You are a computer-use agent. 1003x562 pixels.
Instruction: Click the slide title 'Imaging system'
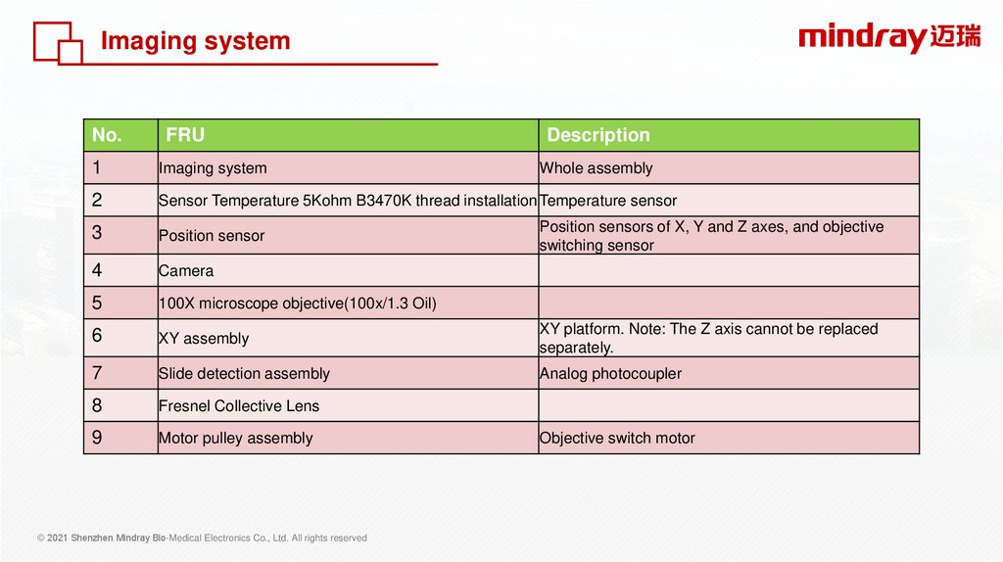point(195,41)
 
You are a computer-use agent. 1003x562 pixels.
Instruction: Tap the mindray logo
point(889,38)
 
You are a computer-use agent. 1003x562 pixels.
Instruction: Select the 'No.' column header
point(107,135)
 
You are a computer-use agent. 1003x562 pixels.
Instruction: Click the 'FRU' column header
point(185,135)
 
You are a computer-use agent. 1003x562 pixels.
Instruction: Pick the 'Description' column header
point(598,135)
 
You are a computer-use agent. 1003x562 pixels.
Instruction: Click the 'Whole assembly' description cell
point(596,168)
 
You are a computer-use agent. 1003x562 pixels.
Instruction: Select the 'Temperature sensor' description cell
point(607,201)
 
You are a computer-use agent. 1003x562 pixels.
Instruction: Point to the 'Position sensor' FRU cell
point(212,236)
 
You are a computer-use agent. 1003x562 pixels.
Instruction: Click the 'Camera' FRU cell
point(186,271)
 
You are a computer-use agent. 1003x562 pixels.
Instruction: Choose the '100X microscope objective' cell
point(298,304)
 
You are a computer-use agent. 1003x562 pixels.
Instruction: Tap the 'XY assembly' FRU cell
point(204,338)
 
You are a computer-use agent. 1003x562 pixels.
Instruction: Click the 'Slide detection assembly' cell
point(244,373)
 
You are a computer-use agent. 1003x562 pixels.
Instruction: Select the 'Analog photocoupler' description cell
point(610,373)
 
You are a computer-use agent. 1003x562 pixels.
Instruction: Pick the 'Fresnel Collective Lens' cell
point(239,406)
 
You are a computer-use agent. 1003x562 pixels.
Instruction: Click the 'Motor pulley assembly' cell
point(235,438)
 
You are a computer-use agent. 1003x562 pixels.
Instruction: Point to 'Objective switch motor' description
point(617,438)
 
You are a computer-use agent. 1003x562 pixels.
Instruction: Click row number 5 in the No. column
point(97,303)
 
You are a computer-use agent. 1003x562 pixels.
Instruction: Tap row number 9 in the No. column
point(97,438)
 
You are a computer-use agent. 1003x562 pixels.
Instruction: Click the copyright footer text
point(202,539)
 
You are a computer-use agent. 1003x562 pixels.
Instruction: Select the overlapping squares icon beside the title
point(58,43)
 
